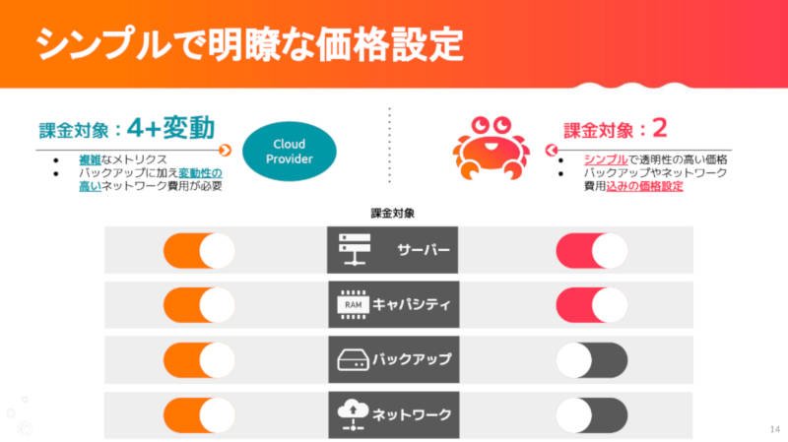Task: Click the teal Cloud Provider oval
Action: pos(290,152)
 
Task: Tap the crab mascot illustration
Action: pos(491,149)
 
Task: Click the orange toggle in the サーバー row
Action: pos(199,250)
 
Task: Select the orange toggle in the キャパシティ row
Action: pos(199,305)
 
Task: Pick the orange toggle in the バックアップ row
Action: pos(199,360)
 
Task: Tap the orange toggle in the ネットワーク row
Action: pos(199,415)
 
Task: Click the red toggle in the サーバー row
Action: pos(592,250)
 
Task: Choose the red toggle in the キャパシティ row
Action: pos(592,305)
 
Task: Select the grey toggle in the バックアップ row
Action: pos(592,360)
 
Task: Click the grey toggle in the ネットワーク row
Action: pos(592,415)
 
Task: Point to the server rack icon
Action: pos(355,249)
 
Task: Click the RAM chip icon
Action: pos(353,304)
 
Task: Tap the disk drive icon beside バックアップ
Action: pos(353,360)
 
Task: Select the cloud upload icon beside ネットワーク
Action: pos(353,414)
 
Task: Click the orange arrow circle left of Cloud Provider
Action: pos(226,151)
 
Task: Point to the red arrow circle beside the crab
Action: pos(552,151)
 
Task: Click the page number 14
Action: pos(774,429)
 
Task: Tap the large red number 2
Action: pos(659,128)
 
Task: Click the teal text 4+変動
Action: pos(170,128)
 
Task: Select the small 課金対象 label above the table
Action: pos(392,214)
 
